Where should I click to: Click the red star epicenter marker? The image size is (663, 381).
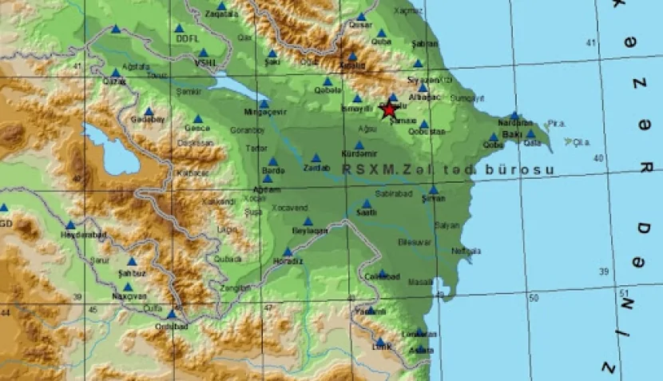click(389, 110)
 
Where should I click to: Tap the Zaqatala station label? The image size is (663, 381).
click(222, 14)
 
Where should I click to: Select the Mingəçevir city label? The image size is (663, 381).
click(264, 113)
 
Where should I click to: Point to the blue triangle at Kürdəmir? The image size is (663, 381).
click(359, 145)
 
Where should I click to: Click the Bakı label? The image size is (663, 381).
click(512, 135)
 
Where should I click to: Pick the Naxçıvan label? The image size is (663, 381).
click(129, 296)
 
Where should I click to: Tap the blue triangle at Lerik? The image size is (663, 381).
click(380, 341)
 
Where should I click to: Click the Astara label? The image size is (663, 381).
click(421, 350)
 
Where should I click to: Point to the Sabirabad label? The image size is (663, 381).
click(392, 193)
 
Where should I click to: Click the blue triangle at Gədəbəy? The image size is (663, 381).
click(148, 112)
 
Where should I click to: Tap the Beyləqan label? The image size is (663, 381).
click(310, 231)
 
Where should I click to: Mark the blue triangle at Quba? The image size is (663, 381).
click(382, 33)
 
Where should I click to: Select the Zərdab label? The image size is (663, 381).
click(316, 168)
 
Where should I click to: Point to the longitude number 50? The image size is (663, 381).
click(534, 298)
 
